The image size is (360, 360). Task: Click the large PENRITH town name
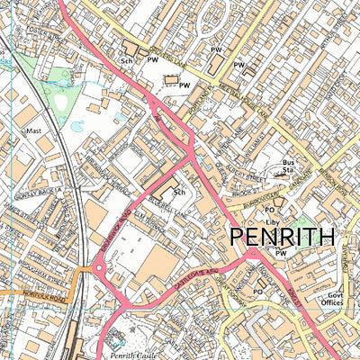point(283,238)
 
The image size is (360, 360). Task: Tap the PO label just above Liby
point(270,210)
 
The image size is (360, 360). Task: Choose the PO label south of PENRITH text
point(257,292)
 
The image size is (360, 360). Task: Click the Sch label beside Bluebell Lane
point(178,193)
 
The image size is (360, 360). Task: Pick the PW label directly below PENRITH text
point(282,254)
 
